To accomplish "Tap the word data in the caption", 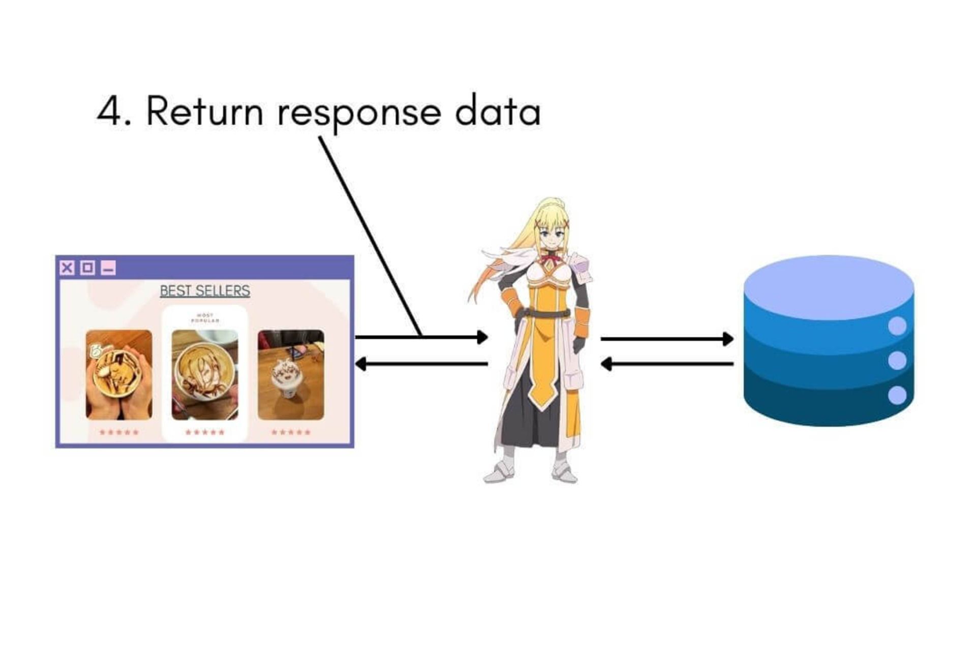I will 498,111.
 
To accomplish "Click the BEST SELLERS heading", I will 205,291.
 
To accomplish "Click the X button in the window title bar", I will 67,268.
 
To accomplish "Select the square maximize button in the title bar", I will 87,268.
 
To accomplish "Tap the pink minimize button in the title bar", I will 108,268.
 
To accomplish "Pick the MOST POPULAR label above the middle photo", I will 205,318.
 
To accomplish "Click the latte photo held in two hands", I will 119,375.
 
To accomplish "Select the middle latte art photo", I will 205,375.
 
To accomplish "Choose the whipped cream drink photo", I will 291,375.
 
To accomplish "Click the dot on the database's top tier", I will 897,326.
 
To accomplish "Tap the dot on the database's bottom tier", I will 897,395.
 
